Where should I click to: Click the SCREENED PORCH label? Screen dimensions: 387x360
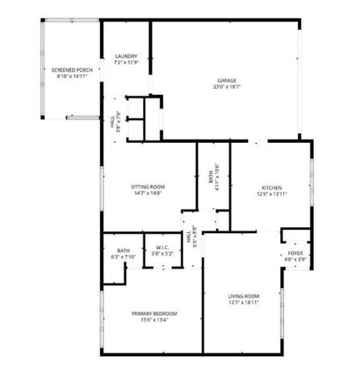pos(69,71)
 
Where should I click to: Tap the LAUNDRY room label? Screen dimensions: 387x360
pos(126,56)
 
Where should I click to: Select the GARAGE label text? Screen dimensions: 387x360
pos(226,79)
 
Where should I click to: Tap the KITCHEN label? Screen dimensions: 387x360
pos(270,187)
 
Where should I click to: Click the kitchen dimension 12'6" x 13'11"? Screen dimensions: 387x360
pos(270,193)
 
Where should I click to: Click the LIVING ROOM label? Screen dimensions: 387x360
pos(243,296)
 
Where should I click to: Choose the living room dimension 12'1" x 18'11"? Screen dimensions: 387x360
pos(243,302)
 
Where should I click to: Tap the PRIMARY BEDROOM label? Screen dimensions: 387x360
pos(154,313)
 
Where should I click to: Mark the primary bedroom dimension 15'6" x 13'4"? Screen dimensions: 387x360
pos(154,319)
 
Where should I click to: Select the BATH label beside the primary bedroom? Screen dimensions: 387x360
pos(123,251)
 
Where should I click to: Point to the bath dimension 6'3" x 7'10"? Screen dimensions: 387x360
pos(123,257)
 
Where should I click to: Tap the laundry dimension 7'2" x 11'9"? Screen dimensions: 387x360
pos(126,62)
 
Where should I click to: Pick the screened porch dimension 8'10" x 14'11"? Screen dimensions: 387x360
pos(69,77)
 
